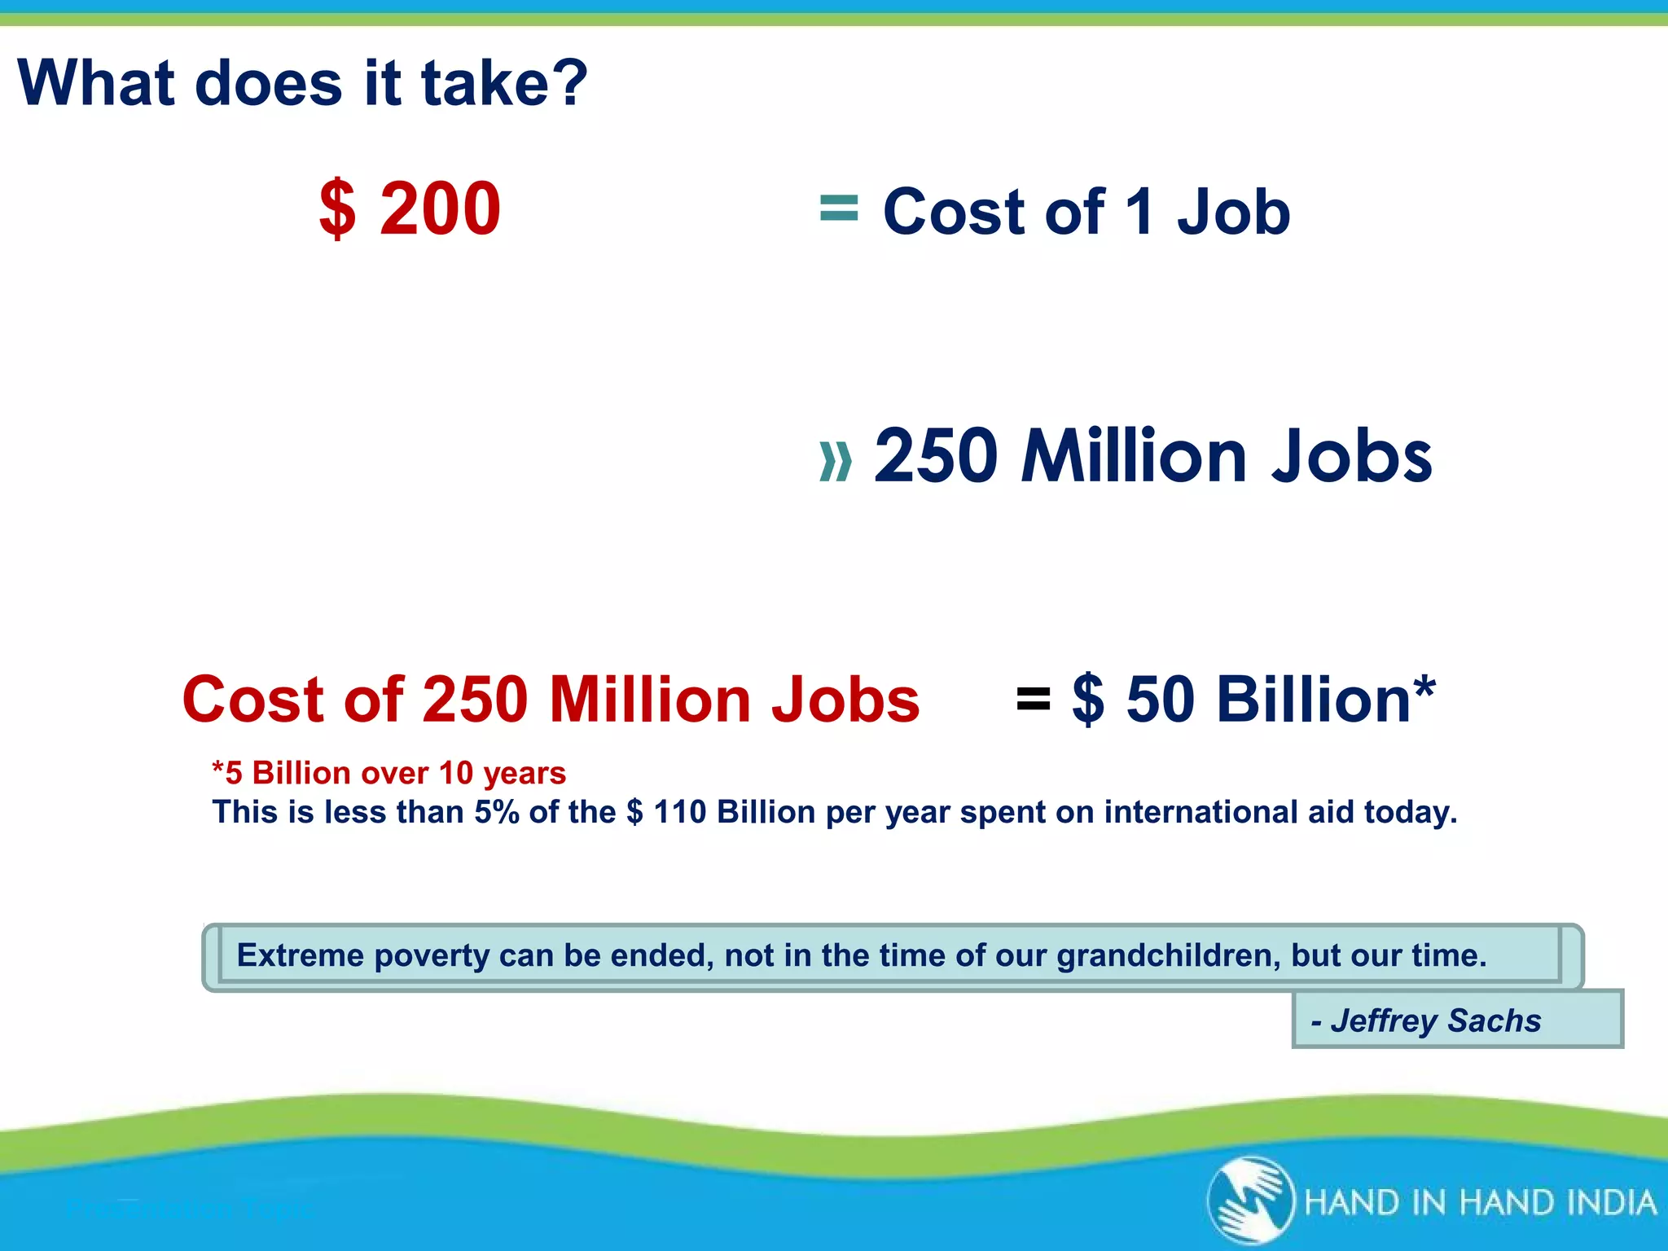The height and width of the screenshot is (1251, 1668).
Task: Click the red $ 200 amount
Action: (x=410, y=209)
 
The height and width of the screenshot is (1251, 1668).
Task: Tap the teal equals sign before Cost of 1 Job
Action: (x=838, y=208)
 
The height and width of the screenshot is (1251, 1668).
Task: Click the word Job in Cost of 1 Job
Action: (x=1233, y=213)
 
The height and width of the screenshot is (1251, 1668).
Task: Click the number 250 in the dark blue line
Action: (x=935, y=456)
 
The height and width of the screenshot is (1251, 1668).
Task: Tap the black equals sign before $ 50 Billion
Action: (x=1033, y=699)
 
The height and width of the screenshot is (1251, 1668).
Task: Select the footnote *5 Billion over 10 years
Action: (x=388, y=773)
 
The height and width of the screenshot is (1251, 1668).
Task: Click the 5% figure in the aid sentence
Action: (x=496, y=812)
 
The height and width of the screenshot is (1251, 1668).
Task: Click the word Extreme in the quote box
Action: (x=300, y=955)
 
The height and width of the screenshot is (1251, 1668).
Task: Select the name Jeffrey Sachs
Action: (x=1435, y=1021)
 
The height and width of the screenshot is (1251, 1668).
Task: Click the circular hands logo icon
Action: (x=1250, y=1201)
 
